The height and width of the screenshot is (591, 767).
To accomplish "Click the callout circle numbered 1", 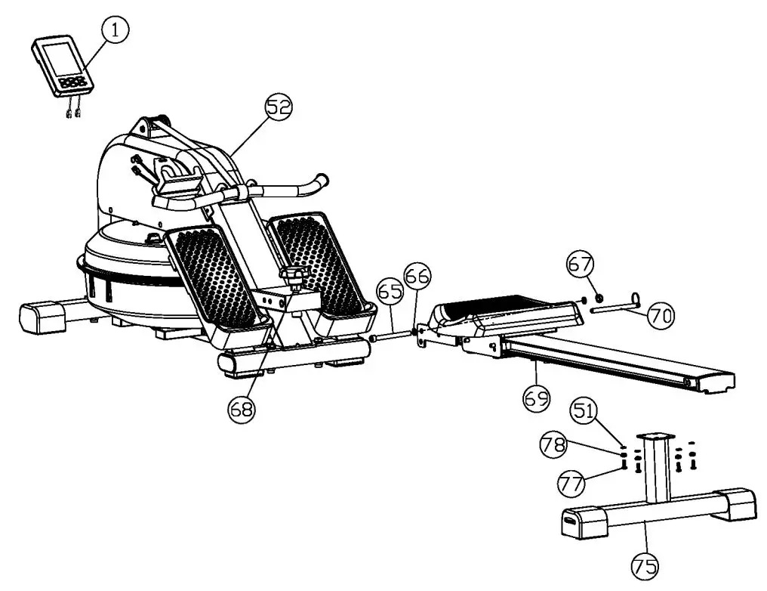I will (x=115, y=30).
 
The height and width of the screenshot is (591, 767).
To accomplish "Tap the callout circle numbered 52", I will (x=278, y=107).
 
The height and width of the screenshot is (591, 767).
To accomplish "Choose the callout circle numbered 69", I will (x=534, y=398).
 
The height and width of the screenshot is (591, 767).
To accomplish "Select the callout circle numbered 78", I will (x=553, y=445).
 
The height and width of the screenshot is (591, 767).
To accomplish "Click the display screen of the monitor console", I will (x=57, y=59).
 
